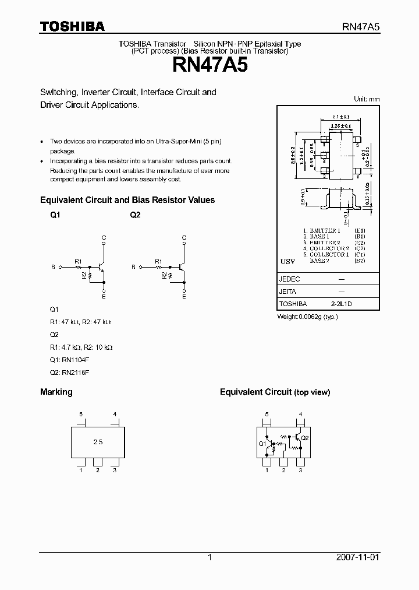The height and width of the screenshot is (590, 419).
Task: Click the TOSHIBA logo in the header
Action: tap(72, 26)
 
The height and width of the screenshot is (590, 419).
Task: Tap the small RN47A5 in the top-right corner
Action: tap(360, 27)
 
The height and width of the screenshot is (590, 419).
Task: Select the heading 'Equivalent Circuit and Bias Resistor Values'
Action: tap(127, 200)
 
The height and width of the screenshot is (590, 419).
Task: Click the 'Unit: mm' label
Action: tap(367, 99)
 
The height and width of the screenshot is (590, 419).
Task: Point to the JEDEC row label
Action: tap(290, 279)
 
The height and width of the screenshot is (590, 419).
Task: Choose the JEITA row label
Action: tap(288, 292)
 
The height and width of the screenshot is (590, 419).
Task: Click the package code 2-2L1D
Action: tap(342, 304)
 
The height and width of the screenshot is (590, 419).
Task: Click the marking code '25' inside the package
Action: tap(98, 442)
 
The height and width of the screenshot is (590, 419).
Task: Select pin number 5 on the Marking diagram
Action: tap(81, 415)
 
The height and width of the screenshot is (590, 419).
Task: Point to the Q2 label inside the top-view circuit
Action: tap(306, 437)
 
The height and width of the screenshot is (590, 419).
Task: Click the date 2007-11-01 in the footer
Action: tap(360, 558)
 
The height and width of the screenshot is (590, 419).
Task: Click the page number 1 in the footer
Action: tap(210, 558)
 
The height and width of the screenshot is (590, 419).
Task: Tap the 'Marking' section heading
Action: tap(56, 392)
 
